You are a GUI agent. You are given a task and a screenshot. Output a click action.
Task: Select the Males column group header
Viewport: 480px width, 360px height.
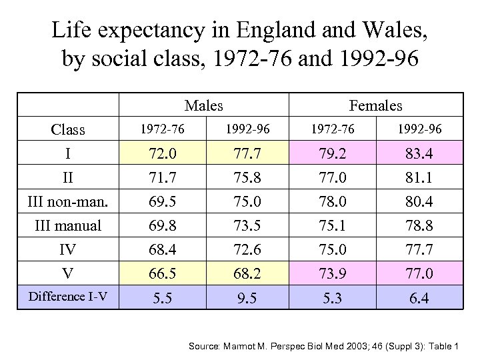coord(203,105)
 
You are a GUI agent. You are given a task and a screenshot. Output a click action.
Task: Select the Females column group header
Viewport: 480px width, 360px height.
coord(375,105)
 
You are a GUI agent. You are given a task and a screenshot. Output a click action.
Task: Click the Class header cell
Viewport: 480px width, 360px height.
coord(68,129)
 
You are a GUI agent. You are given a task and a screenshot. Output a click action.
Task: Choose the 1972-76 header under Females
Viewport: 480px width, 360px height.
coord(333,129)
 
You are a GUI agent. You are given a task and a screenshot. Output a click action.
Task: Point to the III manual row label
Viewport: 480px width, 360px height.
coord(68,226)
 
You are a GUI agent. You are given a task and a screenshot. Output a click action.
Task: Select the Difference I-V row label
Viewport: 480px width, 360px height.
coord(68,297)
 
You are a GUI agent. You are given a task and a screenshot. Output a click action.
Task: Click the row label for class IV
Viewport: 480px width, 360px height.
coord(68,250)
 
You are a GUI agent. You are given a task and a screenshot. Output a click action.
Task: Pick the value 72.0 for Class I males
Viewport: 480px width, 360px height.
coord(163,155)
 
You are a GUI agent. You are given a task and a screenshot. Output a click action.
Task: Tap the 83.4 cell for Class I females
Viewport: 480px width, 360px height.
coord(419,155)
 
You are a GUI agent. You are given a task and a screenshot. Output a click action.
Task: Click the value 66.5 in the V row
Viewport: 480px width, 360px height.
coord(163,273)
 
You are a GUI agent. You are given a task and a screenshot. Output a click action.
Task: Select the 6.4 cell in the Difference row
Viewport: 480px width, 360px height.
coord(419,298)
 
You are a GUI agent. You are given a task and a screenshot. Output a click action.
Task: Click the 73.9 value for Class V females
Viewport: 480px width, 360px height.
coord(333,273)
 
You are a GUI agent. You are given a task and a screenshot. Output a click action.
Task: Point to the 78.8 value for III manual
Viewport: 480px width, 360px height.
coord(419,226)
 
